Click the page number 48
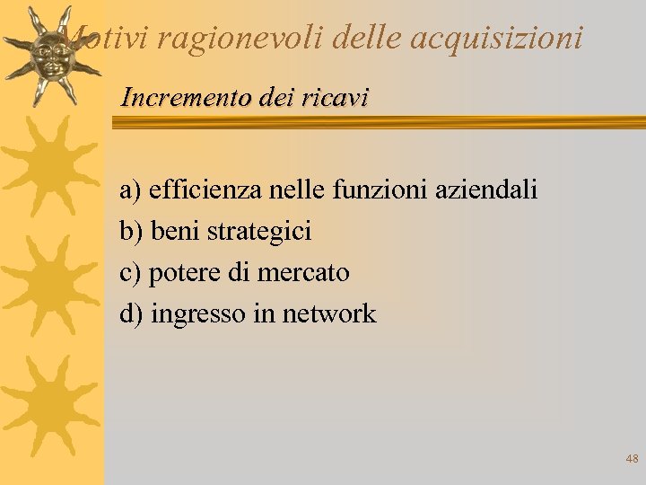(632, 459)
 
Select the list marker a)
(131, 190)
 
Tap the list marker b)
(131, 232)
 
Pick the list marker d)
(131, 314)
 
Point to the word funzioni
(367, 190)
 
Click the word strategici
(259, 232)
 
